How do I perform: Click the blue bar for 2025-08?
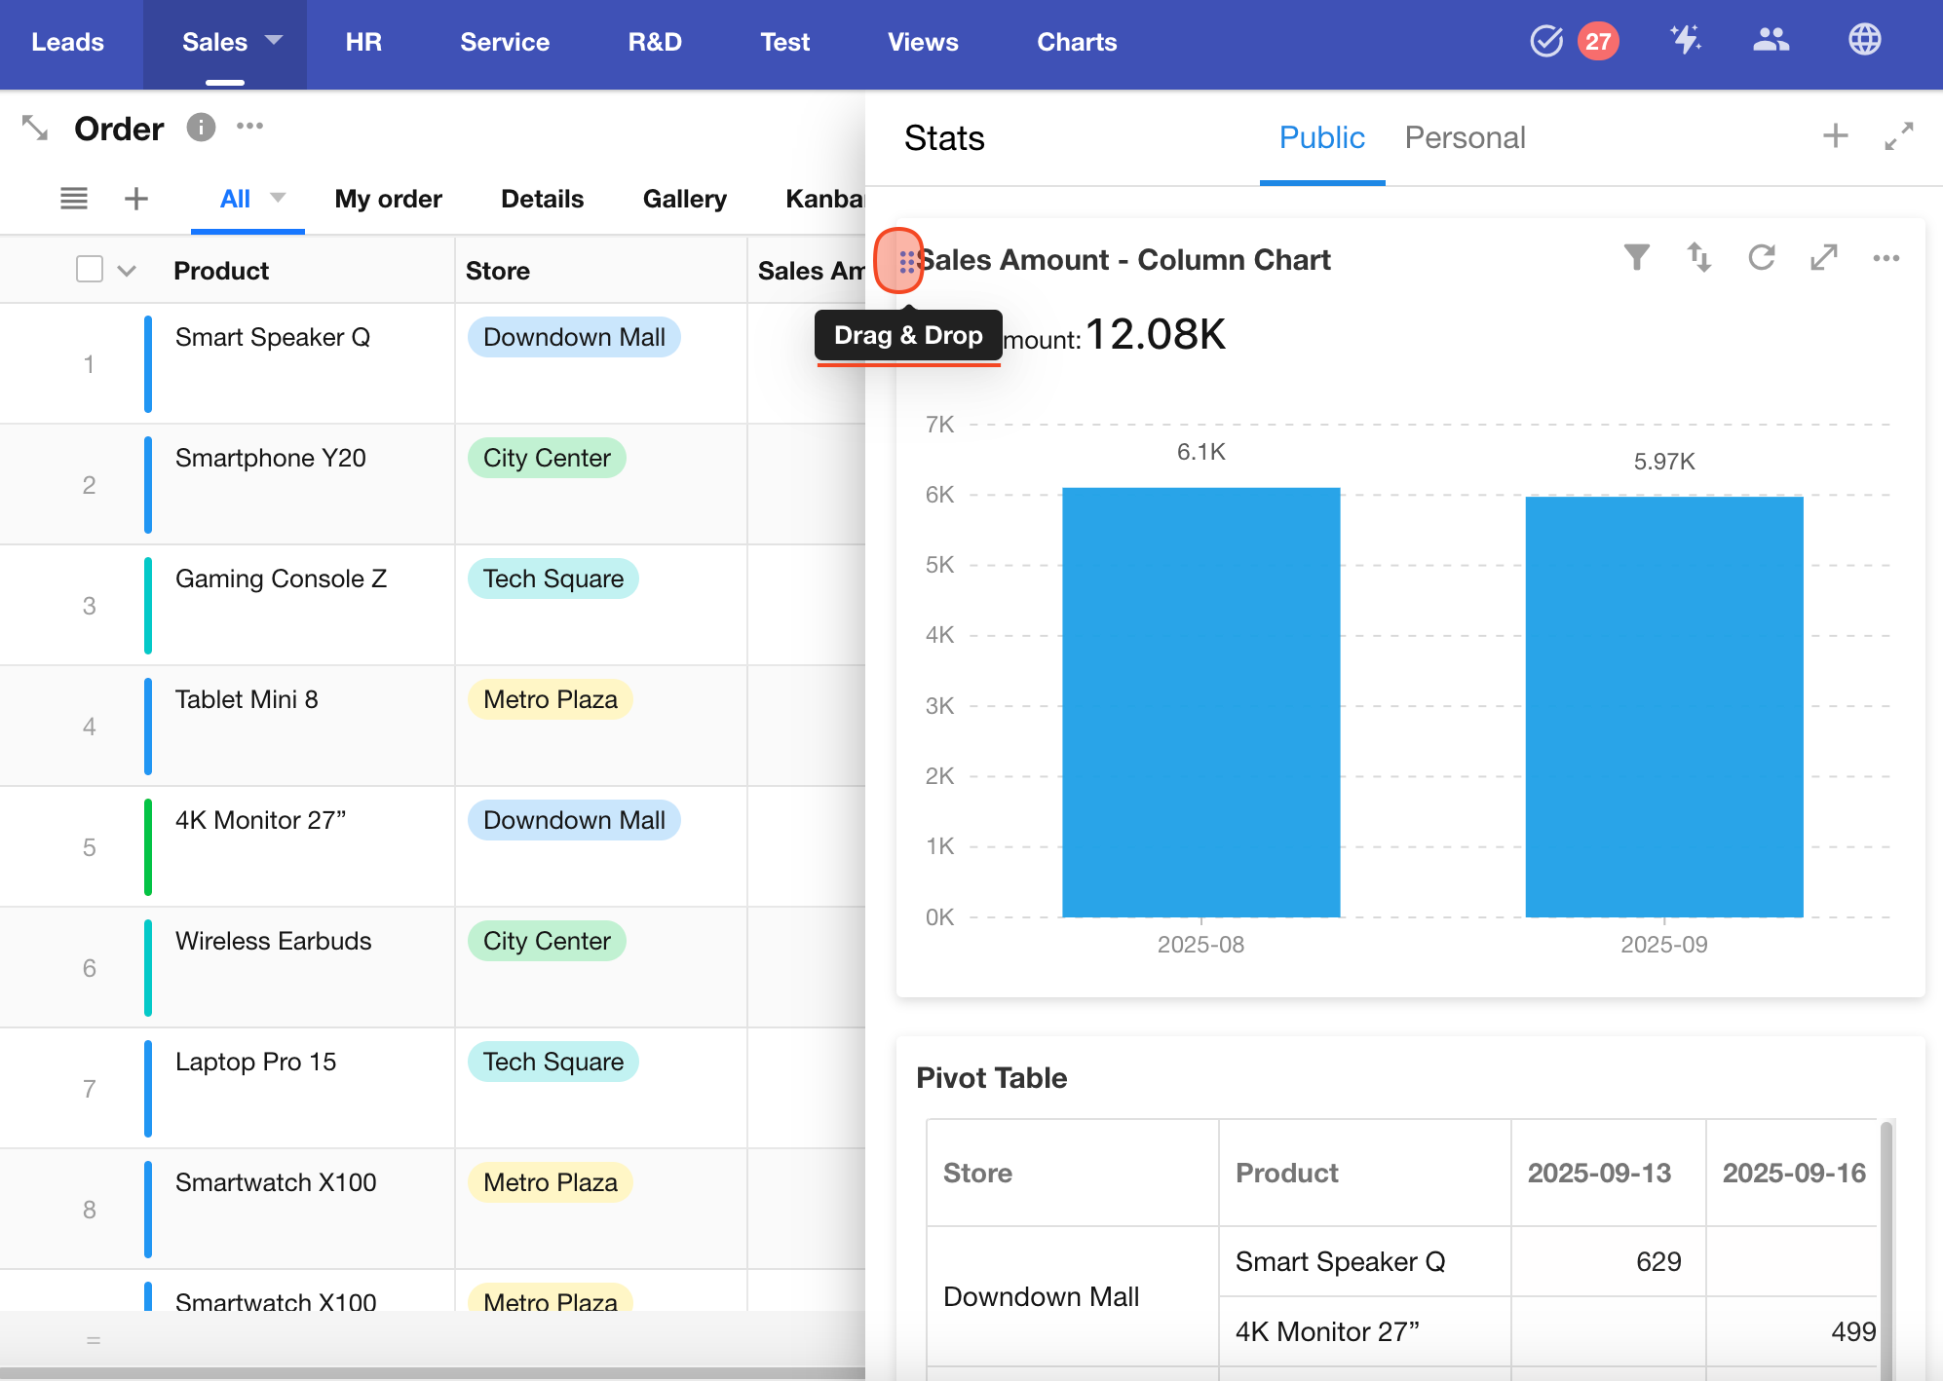(1200, 701)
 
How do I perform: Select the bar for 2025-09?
(1663, 706)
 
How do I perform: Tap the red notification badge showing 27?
(1597, 41)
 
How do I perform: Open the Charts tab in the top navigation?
(1076, 42)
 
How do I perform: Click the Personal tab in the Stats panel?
(1464, 138)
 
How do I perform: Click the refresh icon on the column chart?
(1761, 258)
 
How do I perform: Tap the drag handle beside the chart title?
(906, 261)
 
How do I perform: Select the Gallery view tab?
(684, 199)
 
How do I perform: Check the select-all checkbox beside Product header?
(90, 269)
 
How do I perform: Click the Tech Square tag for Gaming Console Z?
(552, 579)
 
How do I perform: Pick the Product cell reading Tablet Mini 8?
(247, 699)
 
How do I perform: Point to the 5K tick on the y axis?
(939, 565)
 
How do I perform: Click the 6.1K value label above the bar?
(1200, 452)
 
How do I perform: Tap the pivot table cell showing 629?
(1657, 1261)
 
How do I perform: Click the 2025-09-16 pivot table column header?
(1793, 1173)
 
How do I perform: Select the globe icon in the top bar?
(1864, 40)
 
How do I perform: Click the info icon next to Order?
(201, 128)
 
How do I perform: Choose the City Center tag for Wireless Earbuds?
(547, 941)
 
